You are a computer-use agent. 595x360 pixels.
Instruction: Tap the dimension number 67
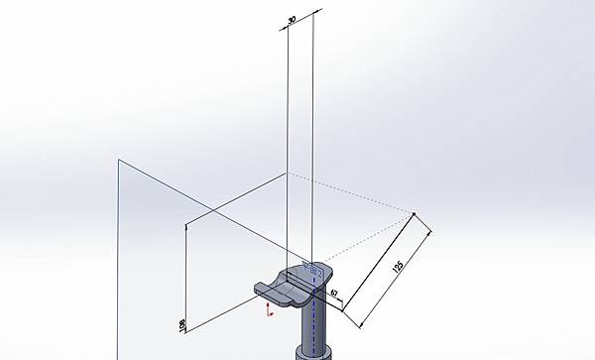334,294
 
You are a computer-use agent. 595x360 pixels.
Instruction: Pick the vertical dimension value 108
181,324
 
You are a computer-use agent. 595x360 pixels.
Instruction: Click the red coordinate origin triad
269,310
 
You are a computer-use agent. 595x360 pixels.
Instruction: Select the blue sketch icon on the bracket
314,269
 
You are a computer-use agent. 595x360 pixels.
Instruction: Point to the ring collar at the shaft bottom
313,352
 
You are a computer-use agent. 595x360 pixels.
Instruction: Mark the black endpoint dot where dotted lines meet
414,211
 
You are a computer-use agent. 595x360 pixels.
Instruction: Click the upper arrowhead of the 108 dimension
187,227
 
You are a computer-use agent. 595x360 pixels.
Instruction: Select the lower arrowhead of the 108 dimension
187,330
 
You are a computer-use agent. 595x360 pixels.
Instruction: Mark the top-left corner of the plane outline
119,158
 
